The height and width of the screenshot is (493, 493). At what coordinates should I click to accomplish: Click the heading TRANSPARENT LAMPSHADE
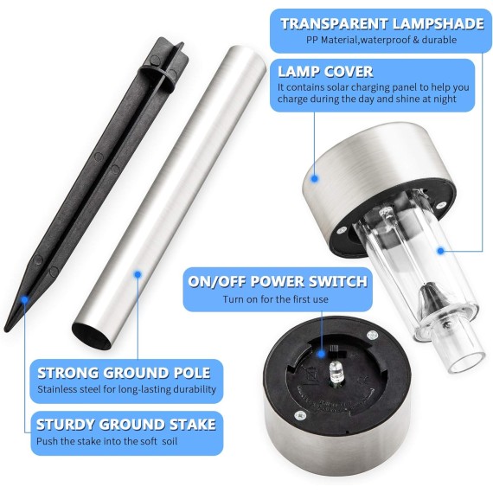coord(382,24)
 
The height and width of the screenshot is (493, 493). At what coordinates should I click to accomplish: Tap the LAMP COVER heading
coord(325,72)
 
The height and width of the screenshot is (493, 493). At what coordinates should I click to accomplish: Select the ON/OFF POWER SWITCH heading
coord(278,281)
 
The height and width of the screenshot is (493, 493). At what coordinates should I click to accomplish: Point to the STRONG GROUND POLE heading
coord(124,373)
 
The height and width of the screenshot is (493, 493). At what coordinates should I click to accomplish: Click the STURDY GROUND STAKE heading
coord(126,425)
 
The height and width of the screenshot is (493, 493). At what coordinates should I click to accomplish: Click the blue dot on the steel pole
coord(138,274)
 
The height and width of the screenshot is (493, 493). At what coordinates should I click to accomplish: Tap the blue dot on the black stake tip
coord(24,299)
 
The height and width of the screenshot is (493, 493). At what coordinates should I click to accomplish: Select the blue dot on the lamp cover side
coord(315,179)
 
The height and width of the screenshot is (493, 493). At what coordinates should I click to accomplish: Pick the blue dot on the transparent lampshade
coord(441,251)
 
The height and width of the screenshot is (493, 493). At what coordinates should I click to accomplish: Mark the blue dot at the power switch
coord(321,354)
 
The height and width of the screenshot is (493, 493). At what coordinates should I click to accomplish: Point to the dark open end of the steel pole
coord(92,336)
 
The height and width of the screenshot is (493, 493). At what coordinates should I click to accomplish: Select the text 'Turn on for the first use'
coord(276,299)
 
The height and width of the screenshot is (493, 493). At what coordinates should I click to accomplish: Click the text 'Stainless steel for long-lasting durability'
coord(126,389)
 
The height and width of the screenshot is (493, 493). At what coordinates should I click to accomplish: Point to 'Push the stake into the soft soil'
coord(107,441)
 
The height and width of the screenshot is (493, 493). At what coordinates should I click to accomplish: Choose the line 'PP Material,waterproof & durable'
coord(381,40)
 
